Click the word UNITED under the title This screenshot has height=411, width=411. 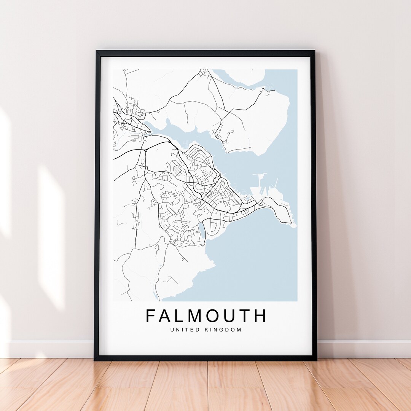click(185, 330)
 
